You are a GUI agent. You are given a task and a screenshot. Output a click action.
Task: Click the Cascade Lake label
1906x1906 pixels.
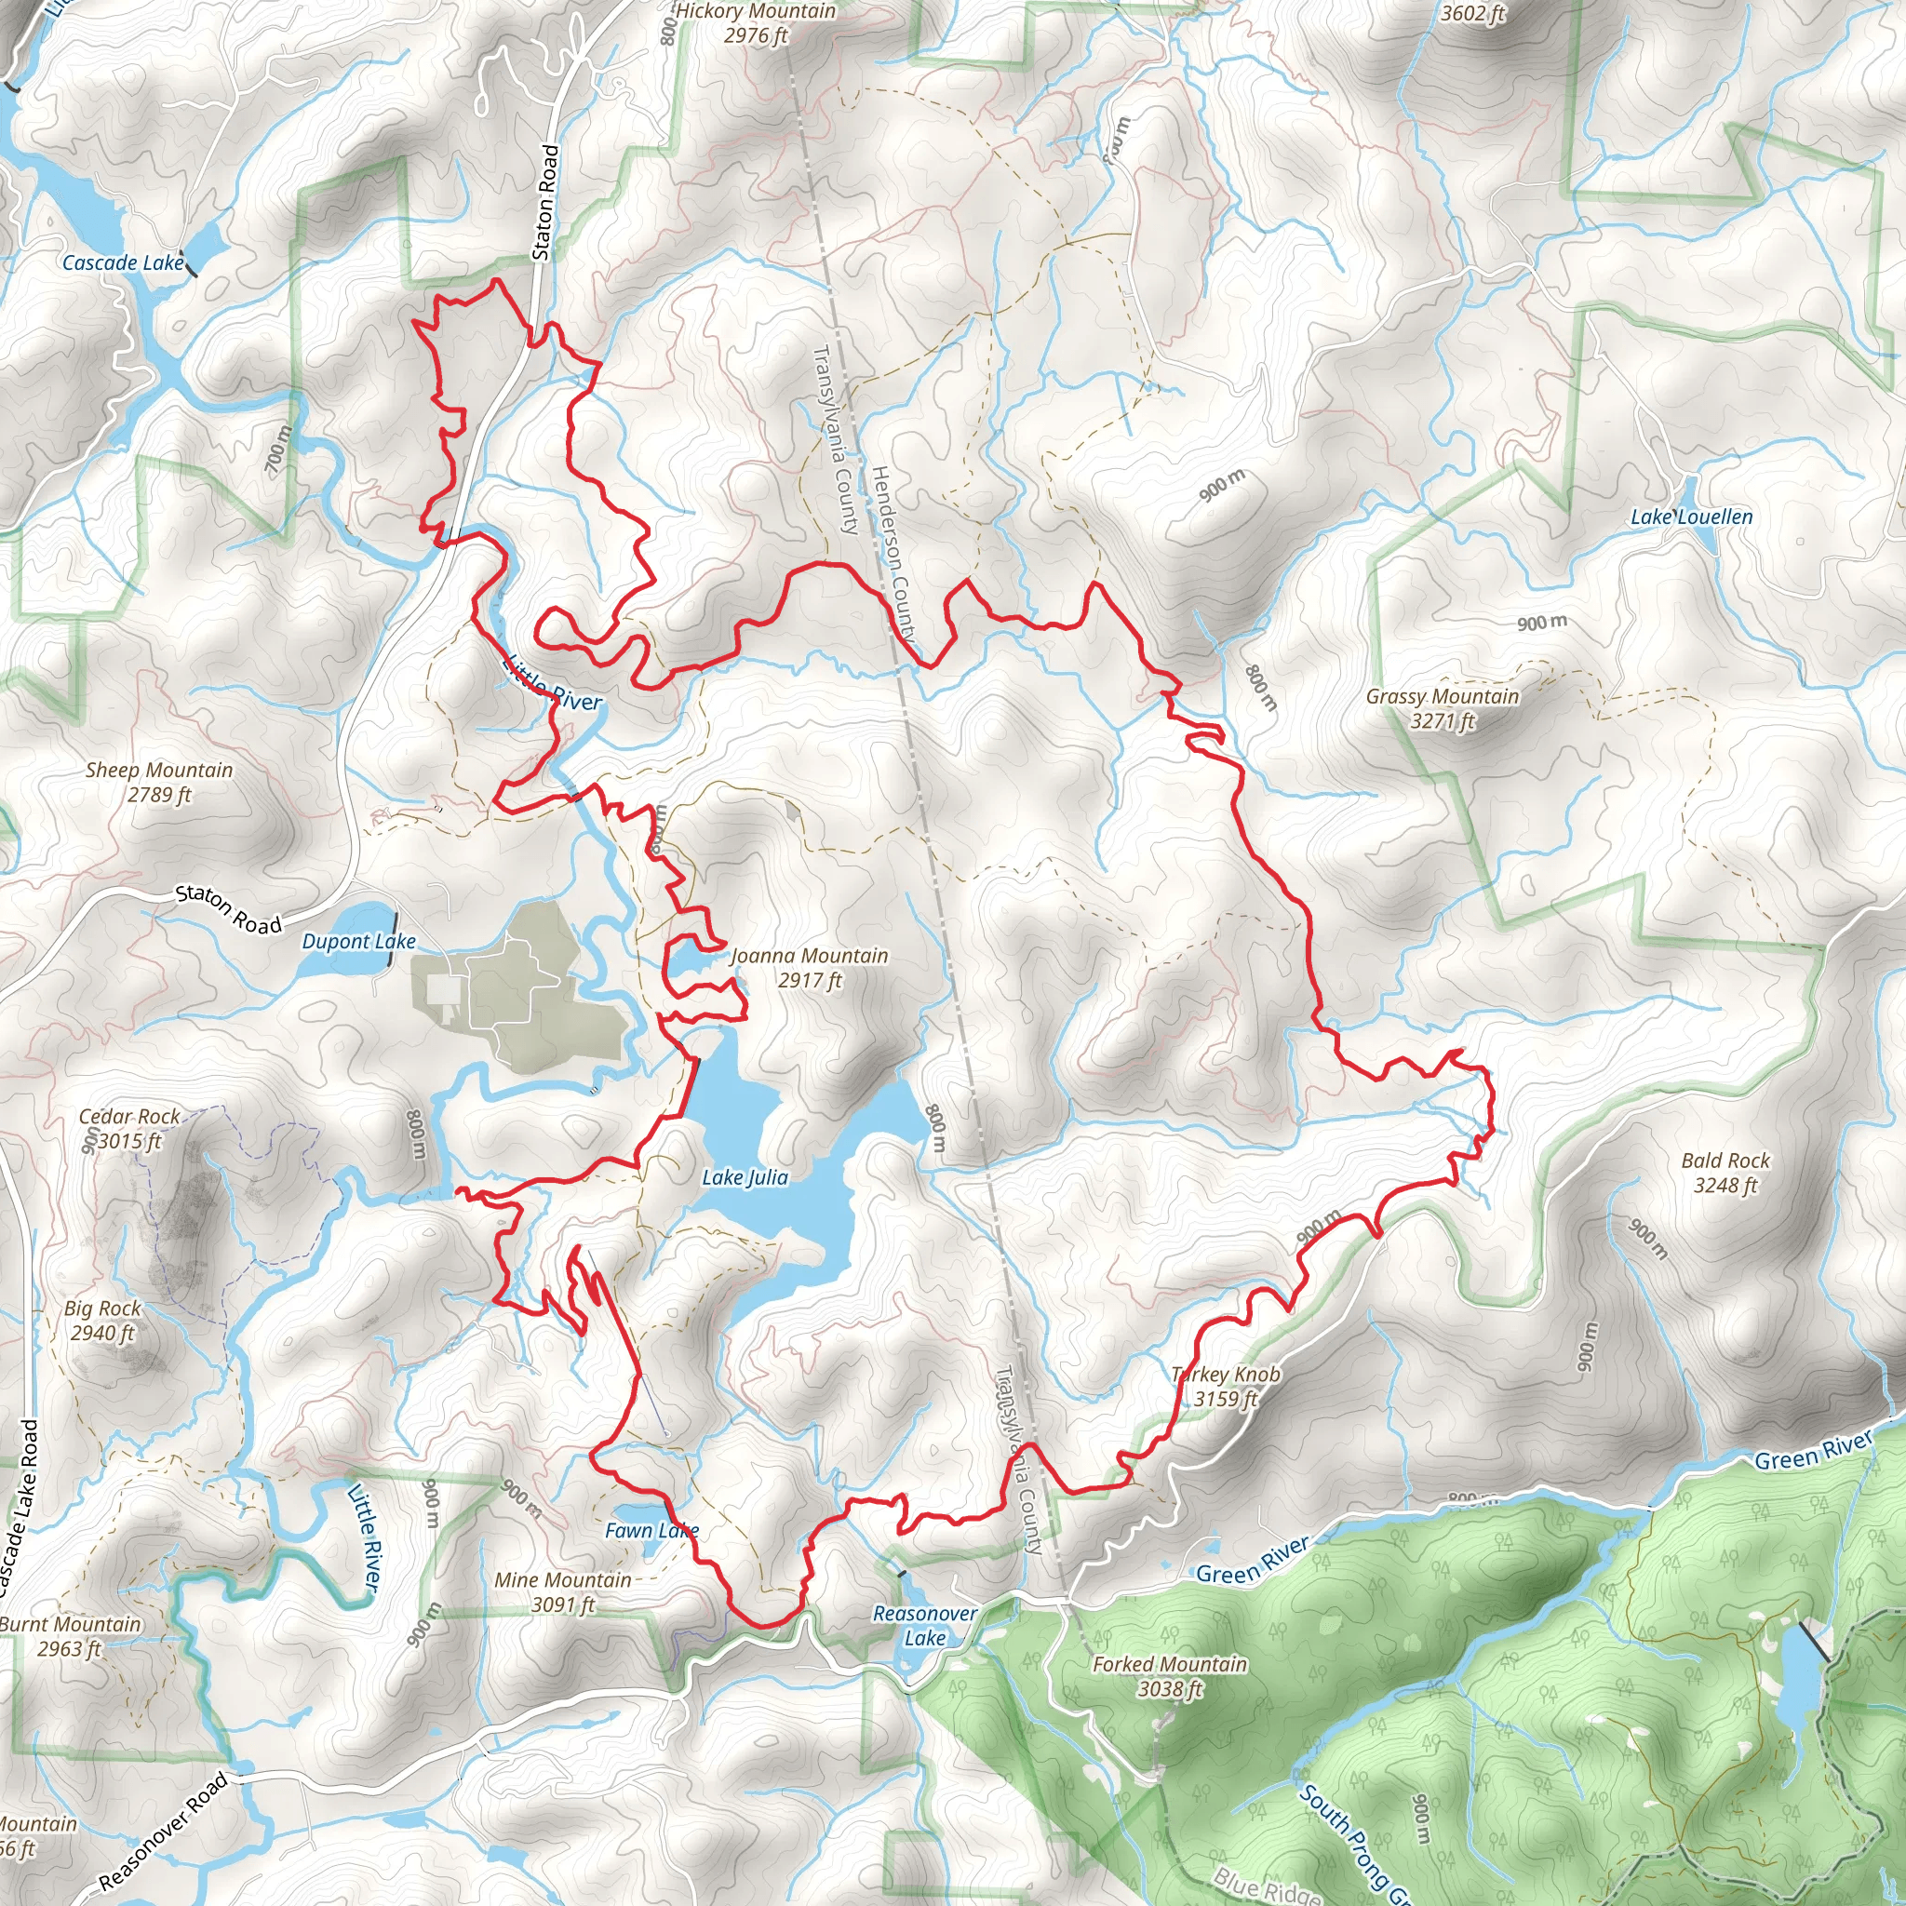point(122,262)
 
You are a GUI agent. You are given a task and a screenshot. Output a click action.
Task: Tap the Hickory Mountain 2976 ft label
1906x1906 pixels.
point(755,23)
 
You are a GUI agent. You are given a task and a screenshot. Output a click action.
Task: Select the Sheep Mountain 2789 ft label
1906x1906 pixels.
point(159,782)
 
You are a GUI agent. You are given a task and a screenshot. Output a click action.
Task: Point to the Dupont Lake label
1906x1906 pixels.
point(358,941)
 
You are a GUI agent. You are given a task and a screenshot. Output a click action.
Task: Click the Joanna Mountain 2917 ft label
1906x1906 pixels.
point(809,967)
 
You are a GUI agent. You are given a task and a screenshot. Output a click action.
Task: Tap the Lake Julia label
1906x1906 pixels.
point(745,1177)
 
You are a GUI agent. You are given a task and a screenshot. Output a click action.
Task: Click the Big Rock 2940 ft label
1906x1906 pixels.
point(102,1320)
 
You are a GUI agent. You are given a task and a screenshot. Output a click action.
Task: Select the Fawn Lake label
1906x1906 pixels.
point(651,1530)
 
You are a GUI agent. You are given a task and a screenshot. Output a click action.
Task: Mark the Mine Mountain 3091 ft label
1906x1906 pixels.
point(562,1591)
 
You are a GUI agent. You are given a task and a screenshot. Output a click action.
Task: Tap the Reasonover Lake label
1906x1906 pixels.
point(924,1625)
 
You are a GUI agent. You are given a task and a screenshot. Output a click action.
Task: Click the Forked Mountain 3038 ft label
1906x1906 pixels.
point(1169,1676)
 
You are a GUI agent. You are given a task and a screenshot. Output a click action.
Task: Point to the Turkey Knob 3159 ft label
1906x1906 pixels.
point(1226,1386)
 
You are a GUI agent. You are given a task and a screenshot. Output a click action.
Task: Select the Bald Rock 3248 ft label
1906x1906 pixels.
point(1725,1172)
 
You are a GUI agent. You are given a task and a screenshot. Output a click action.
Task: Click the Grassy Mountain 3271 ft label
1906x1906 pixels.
point(1443,707)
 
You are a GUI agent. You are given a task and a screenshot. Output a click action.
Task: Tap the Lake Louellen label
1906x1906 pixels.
point(1691,517)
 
